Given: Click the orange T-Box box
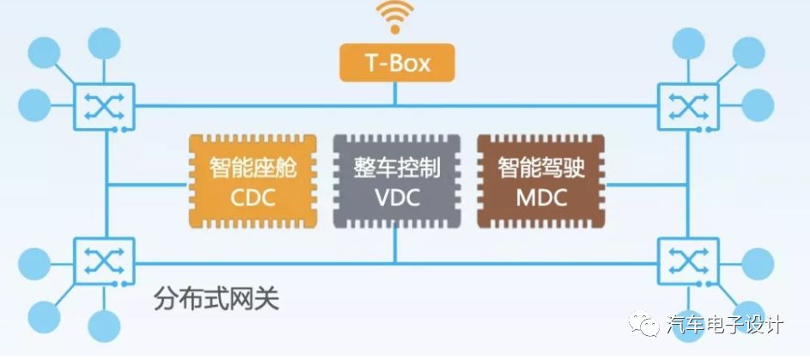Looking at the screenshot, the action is (x=395, y=64).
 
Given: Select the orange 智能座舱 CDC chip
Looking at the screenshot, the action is (x=252, y=180).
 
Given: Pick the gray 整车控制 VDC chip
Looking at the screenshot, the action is (x=395, y=180).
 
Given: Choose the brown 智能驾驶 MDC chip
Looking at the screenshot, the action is (x=539, y=180).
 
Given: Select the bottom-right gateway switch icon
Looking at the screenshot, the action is (x=683, y=259).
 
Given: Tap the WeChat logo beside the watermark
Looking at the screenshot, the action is (x=649, y=325).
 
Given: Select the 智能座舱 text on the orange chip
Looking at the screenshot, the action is (x=252, y=167).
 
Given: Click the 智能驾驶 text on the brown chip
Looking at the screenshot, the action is (x=540, y=167).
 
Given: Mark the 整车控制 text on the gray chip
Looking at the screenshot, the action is (x=395, y=167).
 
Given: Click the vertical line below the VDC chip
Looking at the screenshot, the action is (x=395, y=245).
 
